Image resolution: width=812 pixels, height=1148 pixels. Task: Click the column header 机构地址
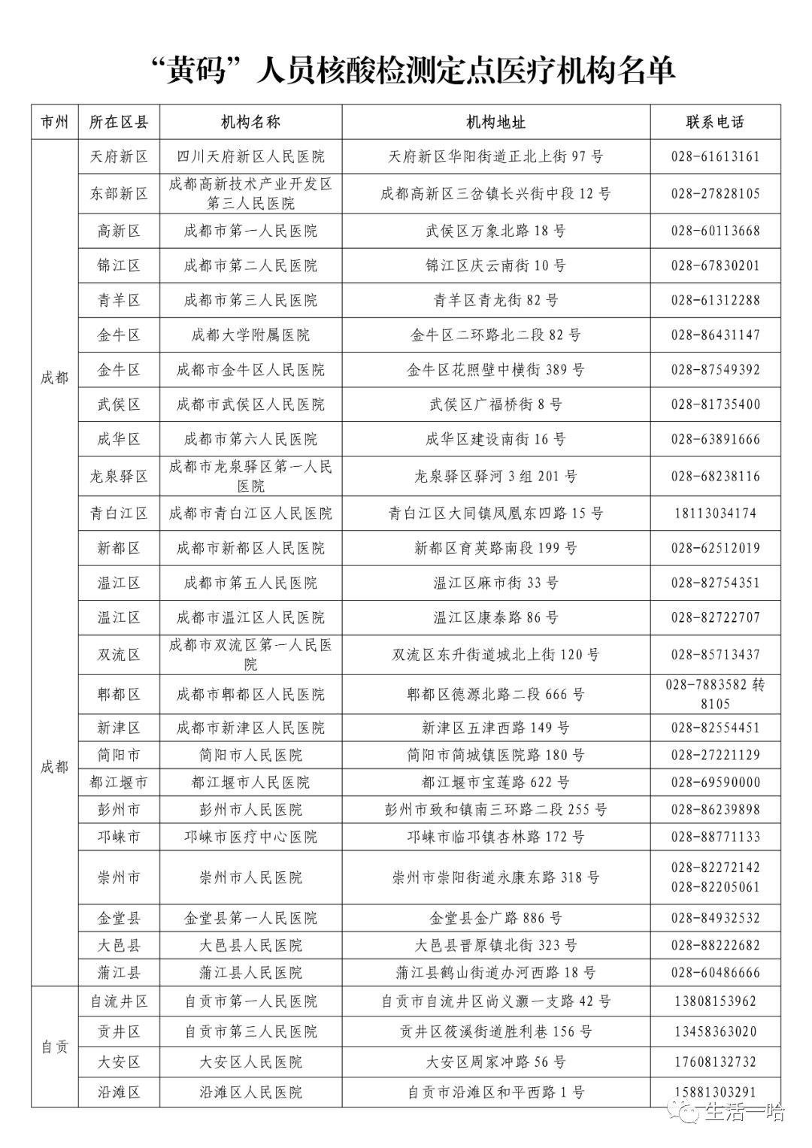click(495, 123)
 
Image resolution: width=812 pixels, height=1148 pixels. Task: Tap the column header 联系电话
click(715, 123)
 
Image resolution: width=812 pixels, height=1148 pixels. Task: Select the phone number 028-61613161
click(715, 157)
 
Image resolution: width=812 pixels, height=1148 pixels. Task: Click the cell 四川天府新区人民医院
click(250, 157)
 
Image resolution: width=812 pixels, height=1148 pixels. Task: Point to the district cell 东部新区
click(119, 194)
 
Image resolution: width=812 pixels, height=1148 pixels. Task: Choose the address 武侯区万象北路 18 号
click(495, 232)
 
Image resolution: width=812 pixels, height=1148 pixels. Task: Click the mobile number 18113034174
click(715, 513)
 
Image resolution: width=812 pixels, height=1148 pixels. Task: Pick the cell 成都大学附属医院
click(250, 335)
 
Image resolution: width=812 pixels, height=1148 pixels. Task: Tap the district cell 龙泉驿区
click(119, 477)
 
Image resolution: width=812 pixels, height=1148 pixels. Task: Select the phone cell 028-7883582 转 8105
click(715, 694)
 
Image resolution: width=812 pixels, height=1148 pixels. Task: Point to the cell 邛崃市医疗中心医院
click(250, 837)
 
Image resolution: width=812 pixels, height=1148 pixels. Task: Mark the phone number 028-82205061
click(715, 887)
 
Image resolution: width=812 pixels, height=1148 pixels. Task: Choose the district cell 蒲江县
click(119, 973)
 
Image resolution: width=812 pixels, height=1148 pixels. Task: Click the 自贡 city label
click(54, 1047)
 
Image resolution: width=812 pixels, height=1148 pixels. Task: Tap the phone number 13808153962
click(715, 1001)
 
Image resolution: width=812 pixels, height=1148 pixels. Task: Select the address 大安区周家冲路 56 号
click(495, 1062)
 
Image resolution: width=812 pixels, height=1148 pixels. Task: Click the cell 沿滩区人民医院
click(250, 1092)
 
